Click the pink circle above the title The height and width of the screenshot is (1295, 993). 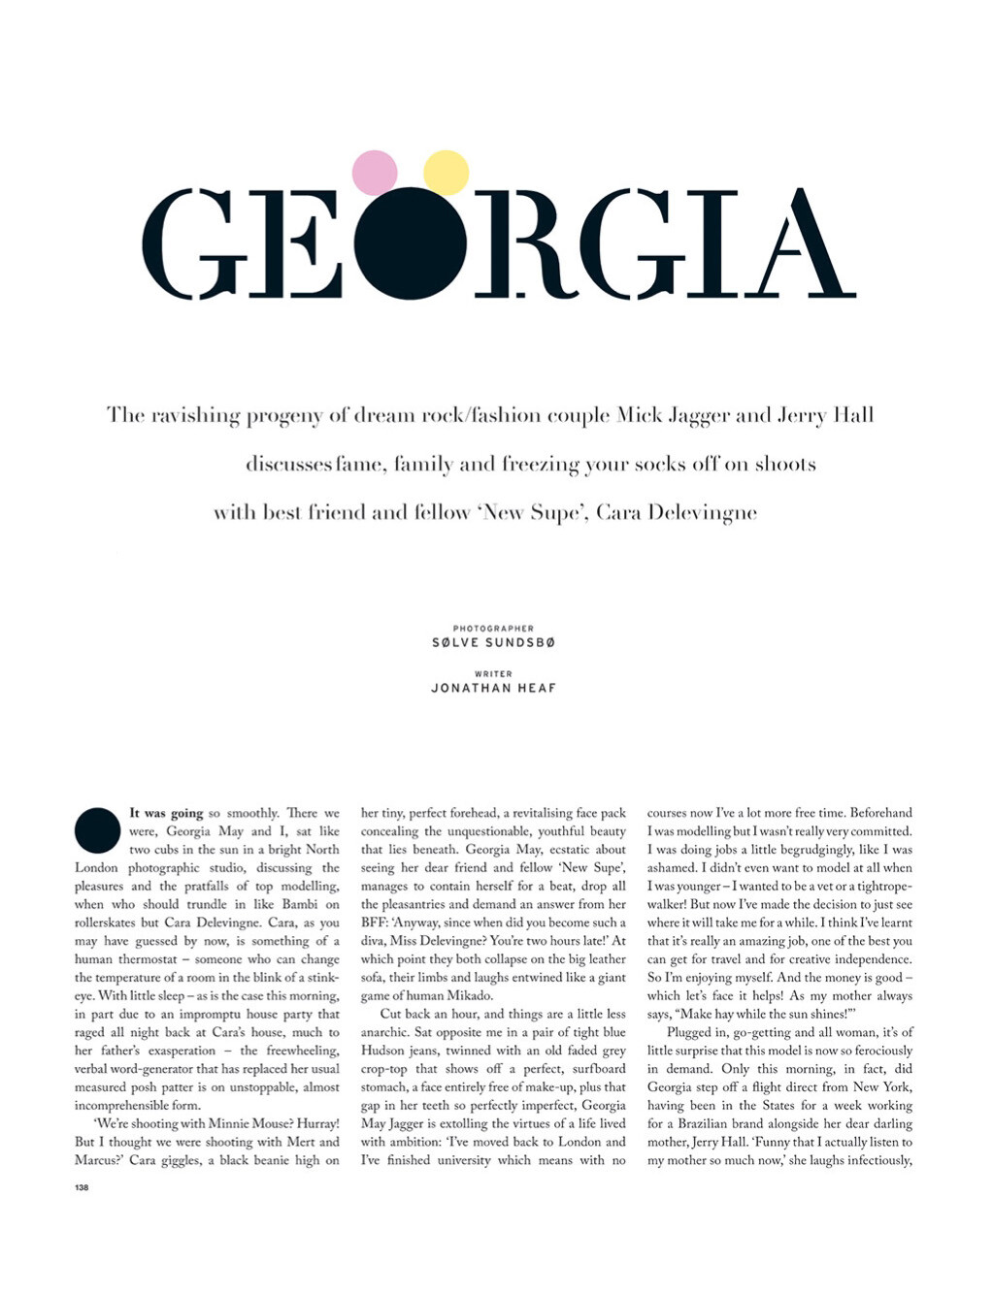coord(374,173)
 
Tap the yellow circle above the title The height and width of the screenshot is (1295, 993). coord(447,173)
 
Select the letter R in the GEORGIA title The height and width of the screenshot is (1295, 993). coord(519,243)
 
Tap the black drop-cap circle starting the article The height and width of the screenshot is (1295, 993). coord(97,830)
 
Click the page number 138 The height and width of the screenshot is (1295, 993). coord(82,1187)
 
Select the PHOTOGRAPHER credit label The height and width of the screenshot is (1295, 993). coord(493,629)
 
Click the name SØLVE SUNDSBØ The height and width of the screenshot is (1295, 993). coord(493,643)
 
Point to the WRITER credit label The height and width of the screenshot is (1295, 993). coord(493,673)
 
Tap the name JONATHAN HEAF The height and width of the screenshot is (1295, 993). coord(493,688)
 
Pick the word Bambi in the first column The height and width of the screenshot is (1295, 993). coord(300,904)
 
